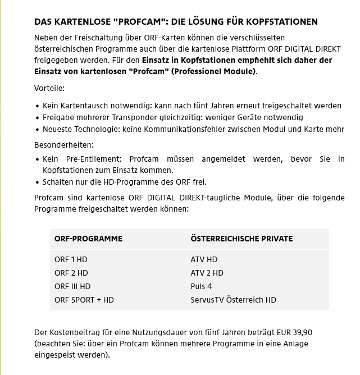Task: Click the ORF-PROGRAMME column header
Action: [x=88, y=239]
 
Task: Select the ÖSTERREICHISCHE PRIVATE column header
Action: [x=241, y=239]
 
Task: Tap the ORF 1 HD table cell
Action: [x=71, y=259]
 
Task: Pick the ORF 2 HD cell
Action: [x=71, y=273]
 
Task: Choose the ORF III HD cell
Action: [x=72, y=286]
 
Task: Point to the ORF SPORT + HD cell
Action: [x=84, y=300]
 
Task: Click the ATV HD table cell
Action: [x=204, y=259]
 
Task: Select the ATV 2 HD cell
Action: [x=207, y=273]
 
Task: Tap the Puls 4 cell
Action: [x=201, y=286]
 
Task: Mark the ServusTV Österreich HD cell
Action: [x=233, y=300]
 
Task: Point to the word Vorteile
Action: [x=49, y=89]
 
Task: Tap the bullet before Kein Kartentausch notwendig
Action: [x=37, y=106]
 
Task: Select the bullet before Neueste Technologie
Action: [x=37, y=130]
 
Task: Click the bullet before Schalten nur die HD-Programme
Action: [x=37, y=182]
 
